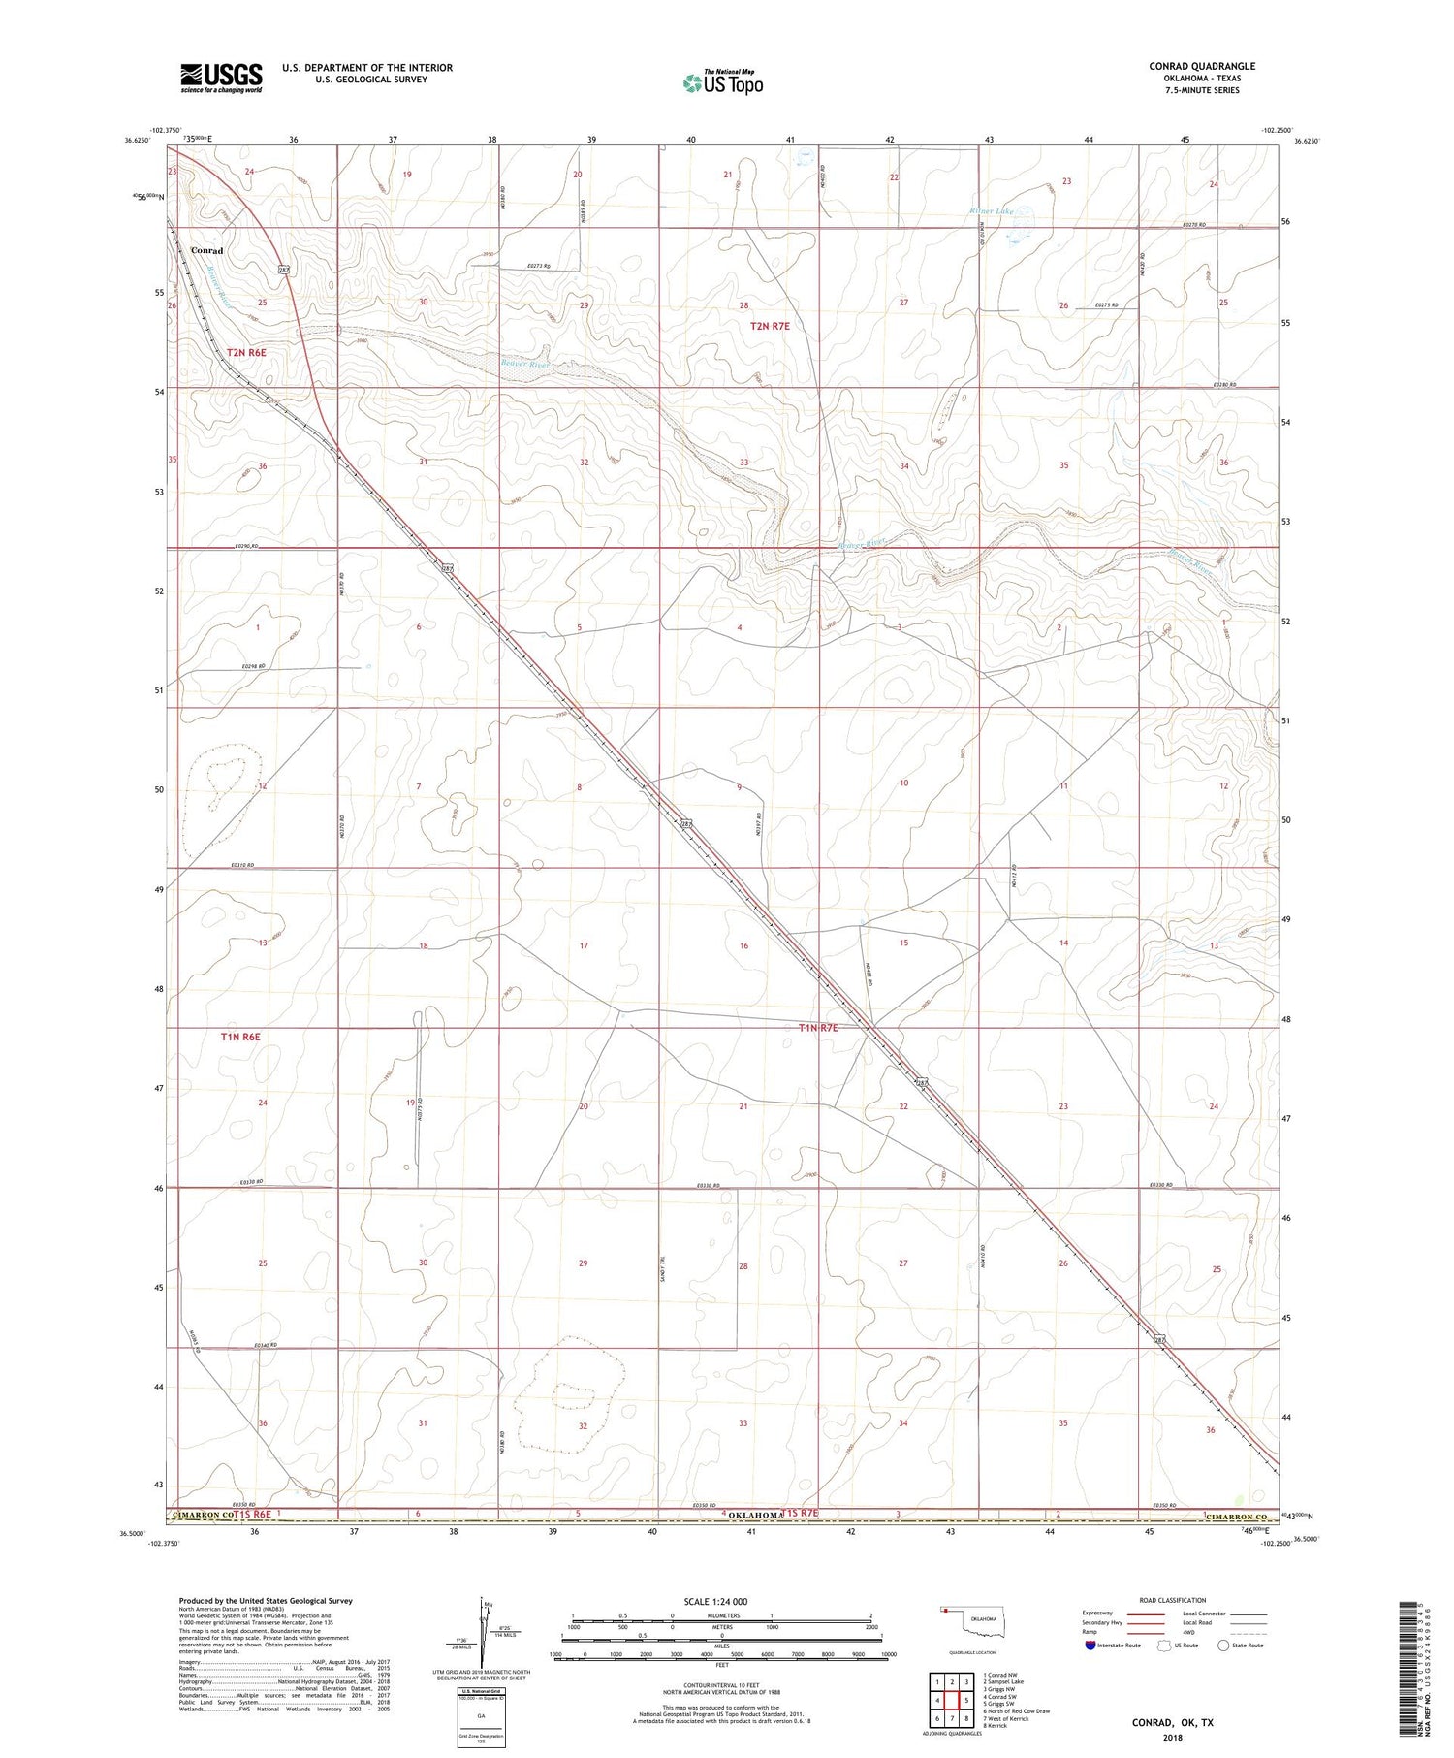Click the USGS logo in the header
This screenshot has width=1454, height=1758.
(x=221, y=78)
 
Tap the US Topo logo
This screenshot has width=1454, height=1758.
(x=722, y=83)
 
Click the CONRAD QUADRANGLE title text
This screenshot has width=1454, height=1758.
(x=1201, y=66)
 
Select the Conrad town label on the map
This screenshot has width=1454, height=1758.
(x=206, y=250)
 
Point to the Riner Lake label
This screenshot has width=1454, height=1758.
(x=991, y=209)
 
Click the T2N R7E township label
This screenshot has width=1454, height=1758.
(x=770, y=326)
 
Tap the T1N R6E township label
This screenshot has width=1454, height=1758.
(x=240, y=1037)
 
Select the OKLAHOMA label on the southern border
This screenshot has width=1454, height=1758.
(x=754, y=1515)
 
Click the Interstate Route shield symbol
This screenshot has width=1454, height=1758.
(x=1090, y=1645)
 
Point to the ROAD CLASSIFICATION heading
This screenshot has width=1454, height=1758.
(x=1173, y=1600)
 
